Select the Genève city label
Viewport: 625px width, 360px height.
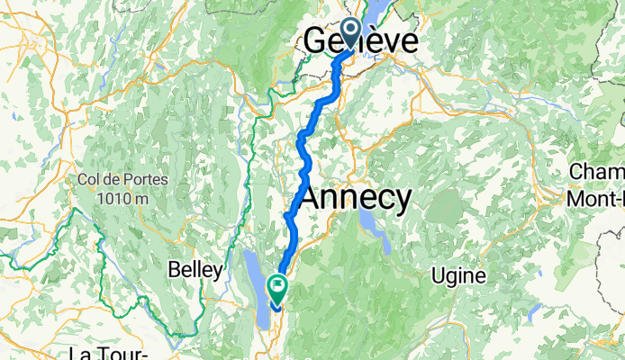coord(361,41)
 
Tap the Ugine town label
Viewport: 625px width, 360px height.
coord(459,274)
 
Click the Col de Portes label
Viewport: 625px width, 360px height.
coord(122,178)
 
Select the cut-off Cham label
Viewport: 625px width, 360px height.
coord(599,172)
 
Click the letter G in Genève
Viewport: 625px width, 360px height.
coord(316,41)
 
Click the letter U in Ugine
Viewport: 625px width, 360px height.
coord(439,274)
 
